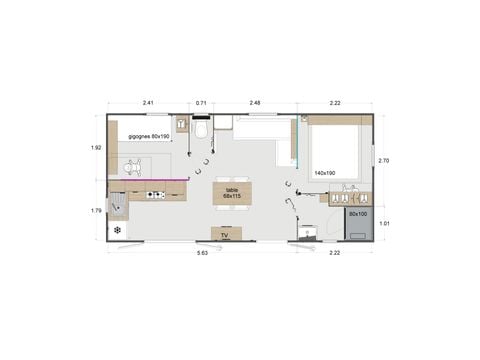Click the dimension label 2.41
(x=147, y=102)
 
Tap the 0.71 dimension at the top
(x=201, y=102)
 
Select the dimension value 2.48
(x=255, y=102)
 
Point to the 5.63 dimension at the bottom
(x=203, y=253)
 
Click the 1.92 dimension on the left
(x=96, y=148)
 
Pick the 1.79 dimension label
(x=96, y=210)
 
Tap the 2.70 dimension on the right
(x=384, y=160)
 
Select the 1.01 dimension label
(x=384, y=223)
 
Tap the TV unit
(x=225, y=235)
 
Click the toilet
(x=201, y=129)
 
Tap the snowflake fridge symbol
(x=118, y=230)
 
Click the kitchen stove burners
(x=153, y=195)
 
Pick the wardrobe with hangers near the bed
(x=350, y=194)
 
